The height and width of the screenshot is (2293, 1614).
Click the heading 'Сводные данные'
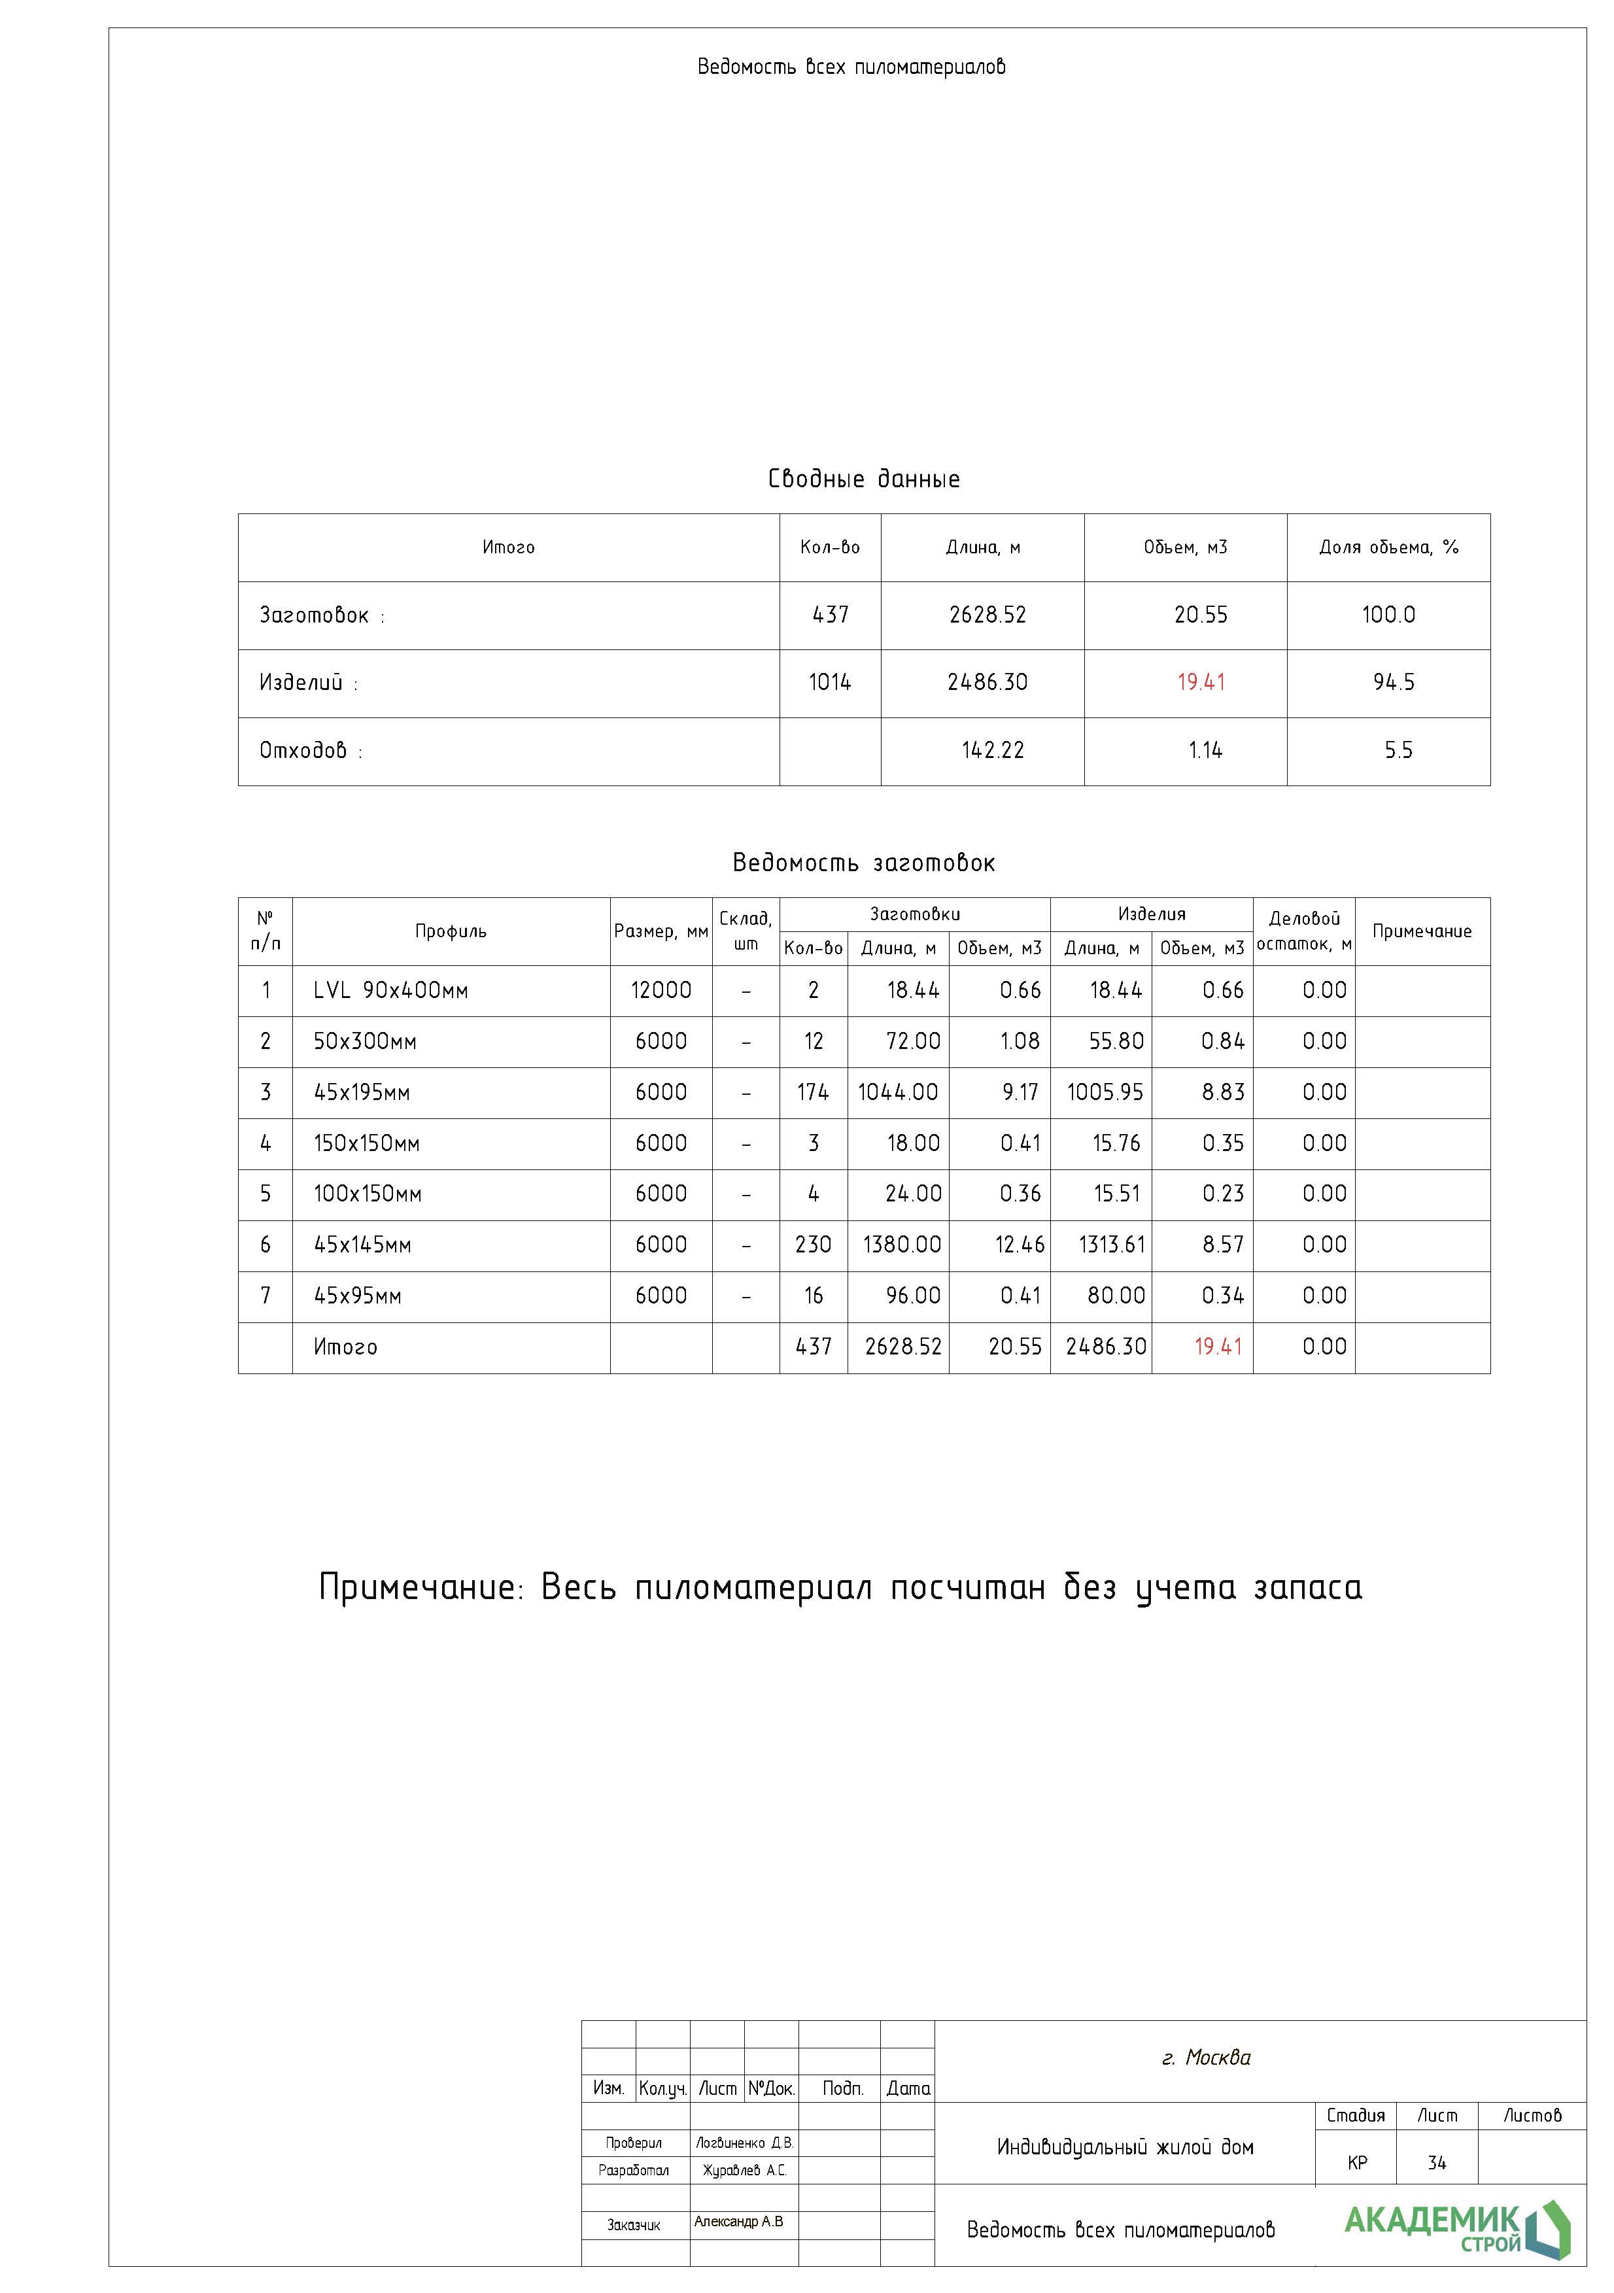click(864, 479)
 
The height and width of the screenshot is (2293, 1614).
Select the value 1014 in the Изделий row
click(830, 683)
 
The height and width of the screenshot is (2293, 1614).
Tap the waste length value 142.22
click(993, 751)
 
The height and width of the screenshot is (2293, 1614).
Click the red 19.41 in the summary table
click(1201, 683)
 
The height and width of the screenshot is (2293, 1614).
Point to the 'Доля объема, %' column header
click(1388, 547)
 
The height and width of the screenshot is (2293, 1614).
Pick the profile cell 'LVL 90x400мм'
click(390, 991)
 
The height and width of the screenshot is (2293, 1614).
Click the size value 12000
click(661, 991)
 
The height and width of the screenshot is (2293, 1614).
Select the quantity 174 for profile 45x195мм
click(813, 1093)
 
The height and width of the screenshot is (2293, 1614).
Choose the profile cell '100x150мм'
click(368, 1194)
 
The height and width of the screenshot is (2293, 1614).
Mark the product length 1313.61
click(1112, 1245)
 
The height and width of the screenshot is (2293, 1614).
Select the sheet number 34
click(1436, 2163)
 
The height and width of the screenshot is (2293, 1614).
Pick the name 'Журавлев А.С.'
click(744, 2170)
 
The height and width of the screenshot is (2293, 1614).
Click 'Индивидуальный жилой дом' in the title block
click(1125, 2147)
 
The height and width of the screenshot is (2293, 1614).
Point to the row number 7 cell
click(266, 1296)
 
